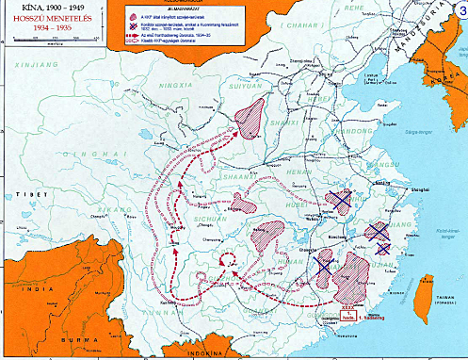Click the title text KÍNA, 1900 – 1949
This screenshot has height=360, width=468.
point(40,7)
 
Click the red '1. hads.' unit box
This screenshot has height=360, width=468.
point(347,319)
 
